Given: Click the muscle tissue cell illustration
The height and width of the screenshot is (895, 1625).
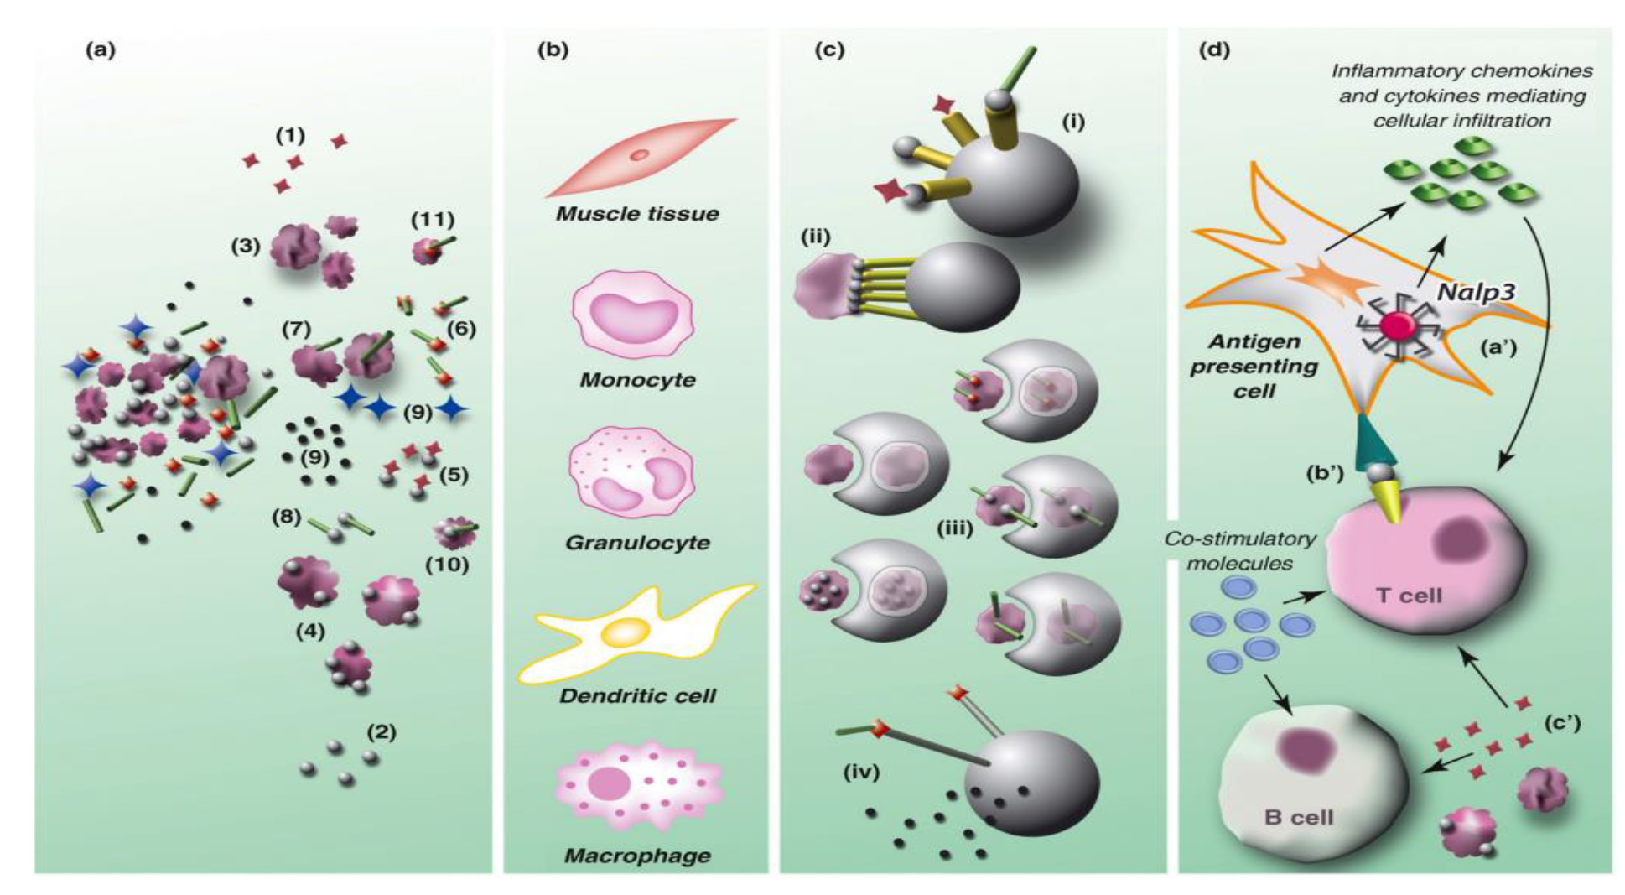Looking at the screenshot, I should click(x=639, y=157).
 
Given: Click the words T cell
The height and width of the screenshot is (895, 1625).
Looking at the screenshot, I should click(x=1409, y=596).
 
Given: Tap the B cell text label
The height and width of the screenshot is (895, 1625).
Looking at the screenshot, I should click(x=1299, y=816).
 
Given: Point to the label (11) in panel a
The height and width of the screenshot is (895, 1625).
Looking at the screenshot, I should click(x=433, y=220).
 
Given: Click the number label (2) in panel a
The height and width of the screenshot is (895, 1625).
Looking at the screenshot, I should click(x=382, y=731).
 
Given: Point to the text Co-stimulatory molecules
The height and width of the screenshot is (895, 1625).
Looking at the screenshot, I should click(x=1239, y=551).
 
